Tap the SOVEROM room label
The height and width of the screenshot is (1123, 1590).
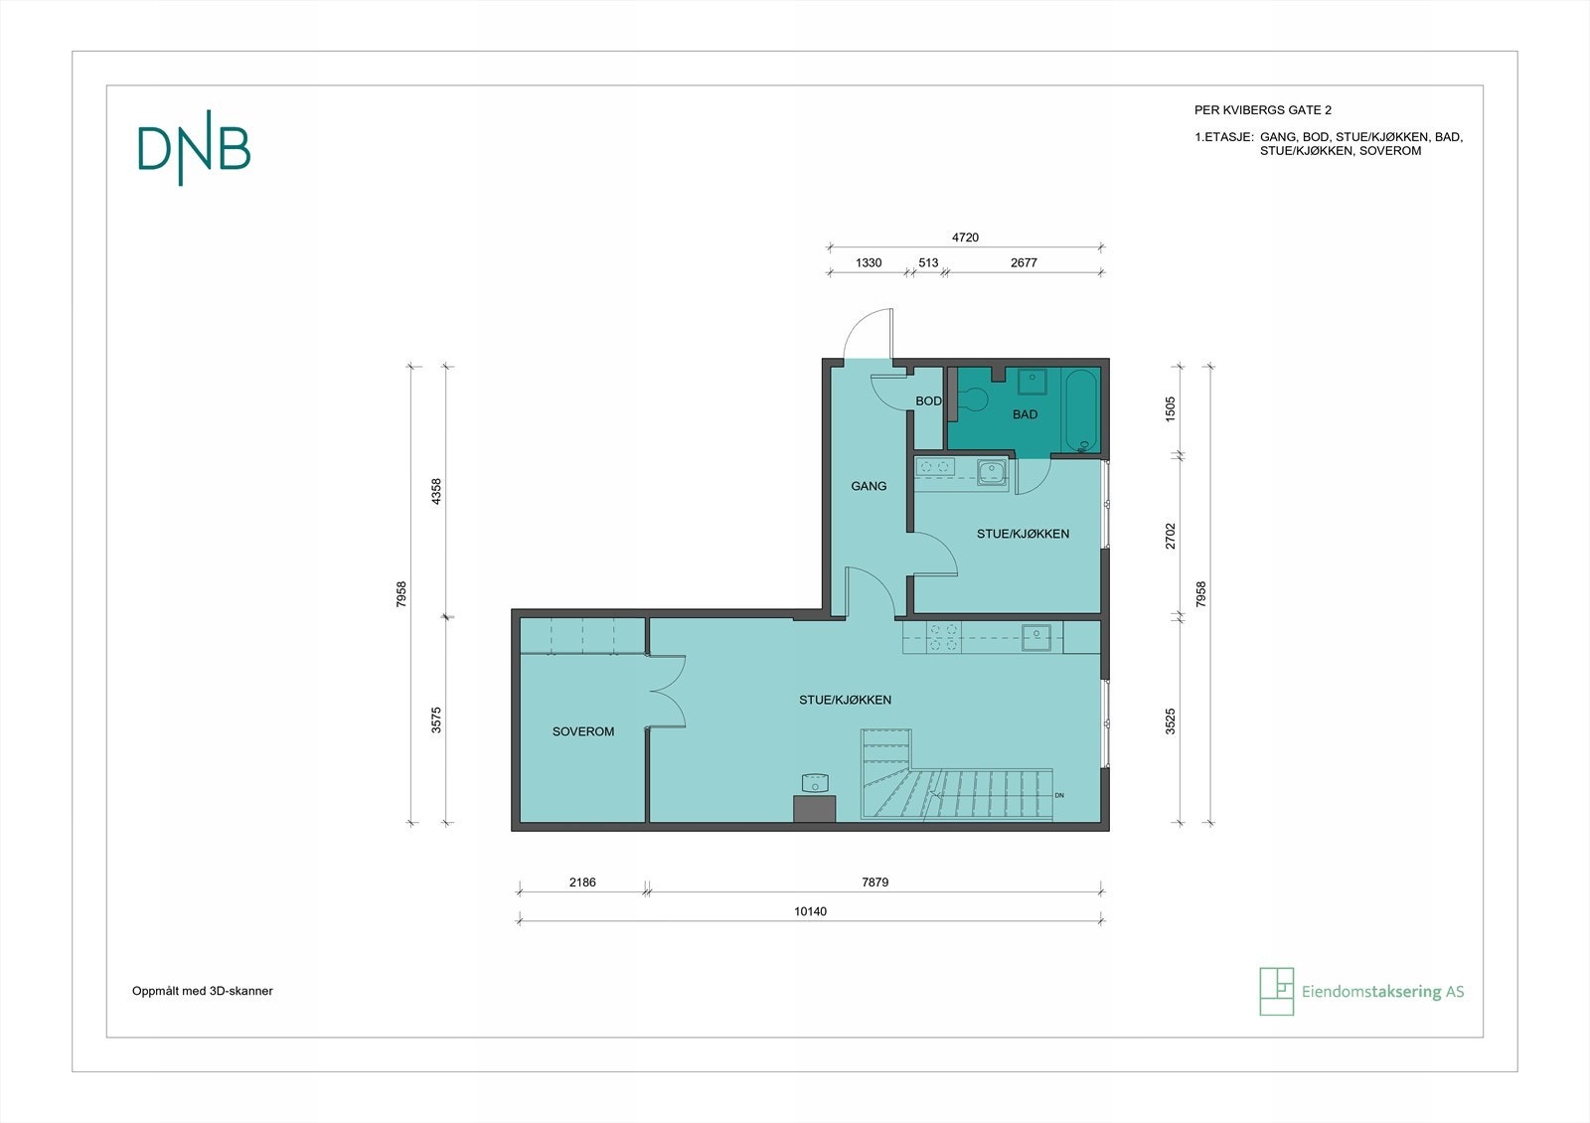(x=583, y=731)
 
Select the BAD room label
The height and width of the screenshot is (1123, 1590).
(x=1025, y=414)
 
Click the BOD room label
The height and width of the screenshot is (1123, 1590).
(x=928, y=401)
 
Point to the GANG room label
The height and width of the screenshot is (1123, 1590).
(x=869, y=486)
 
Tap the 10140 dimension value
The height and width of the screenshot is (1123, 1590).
(x=810, y=911)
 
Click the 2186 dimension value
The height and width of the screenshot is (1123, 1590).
(x=582, y=882)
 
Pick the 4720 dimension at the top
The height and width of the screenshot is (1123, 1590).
(x=965, y=238)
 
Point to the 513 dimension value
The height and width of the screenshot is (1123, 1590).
(x=928, y=263)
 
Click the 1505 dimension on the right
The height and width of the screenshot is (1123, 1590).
(x=1171, y=409)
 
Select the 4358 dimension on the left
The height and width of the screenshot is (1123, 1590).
(x=435, y=491)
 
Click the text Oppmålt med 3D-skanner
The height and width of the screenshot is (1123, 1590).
(x=203, y=991)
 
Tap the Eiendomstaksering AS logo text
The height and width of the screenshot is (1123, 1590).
(x=1382, y=992)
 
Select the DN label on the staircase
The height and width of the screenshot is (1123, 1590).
(x=1059, y=795)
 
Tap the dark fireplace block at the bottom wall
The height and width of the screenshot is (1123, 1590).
(x=814, y=808)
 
